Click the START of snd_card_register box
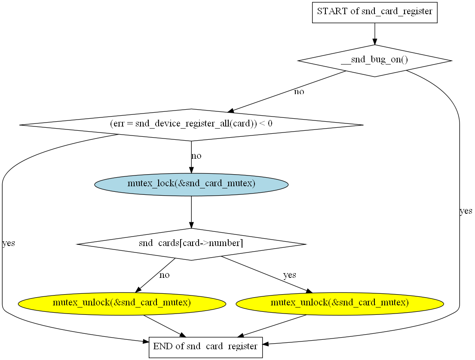[374, 12]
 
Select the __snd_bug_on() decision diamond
[374, 61]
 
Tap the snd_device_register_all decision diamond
[191, 124]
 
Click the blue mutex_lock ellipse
[191, 184]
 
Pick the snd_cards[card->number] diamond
[191, 244]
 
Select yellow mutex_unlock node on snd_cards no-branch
[122, 303]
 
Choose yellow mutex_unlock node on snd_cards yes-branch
[340, 303]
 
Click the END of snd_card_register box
[205, 346]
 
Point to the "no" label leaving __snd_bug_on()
[299, 92]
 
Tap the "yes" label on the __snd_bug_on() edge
[466, 211]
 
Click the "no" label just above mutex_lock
[196, 156]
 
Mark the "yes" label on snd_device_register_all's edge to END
[9, 243]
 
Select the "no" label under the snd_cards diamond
[164, 275]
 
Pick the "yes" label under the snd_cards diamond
[289, 275]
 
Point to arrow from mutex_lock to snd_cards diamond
[191, 212]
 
